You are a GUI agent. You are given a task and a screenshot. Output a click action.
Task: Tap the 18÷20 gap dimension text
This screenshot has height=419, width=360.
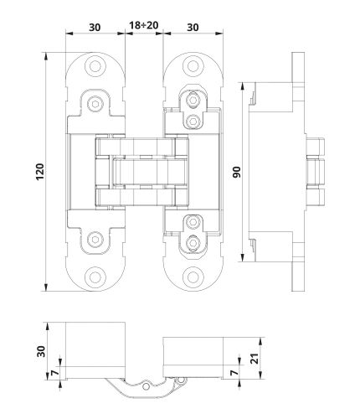[145, 26]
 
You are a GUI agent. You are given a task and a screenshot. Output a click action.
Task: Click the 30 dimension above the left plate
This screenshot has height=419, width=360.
[94, 26]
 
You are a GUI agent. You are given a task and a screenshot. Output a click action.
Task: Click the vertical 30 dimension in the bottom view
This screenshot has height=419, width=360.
[39, 350]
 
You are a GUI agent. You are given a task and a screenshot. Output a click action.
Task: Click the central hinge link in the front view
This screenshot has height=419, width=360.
[145, 172]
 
